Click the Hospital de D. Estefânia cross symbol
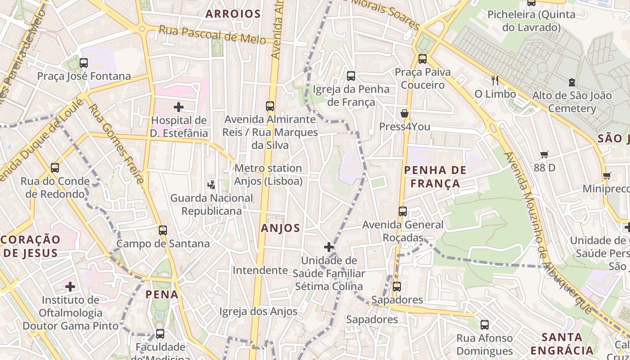coord(179,107)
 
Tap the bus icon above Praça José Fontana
coord(84,63)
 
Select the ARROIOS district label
coord(233,14)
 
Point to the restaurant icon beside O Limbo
coord(495,81)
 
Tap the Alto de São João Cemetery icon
coord(571,82)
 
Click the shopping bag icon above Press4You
coord(405,113)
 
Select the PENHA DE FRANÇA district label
coord(435,177)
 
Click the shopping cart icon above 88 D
coord(544,155)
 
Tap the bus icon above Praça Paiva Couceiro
coord(422,59)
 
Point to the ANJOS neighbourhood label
coord(280,228)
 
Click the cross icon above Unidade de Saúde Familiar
coord(329,247)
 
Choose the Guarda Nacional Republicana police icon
coord(211,184)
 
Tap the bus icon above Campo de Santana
coord(163,230)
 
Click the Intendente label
coord(260,270)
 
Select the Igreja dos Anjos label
coord(258,311)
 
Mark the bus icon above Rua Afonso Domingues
coord(485,324)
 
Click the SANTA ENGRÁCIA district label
coord(562,344)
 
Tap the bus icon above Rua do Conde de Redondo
coord(55,168)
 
